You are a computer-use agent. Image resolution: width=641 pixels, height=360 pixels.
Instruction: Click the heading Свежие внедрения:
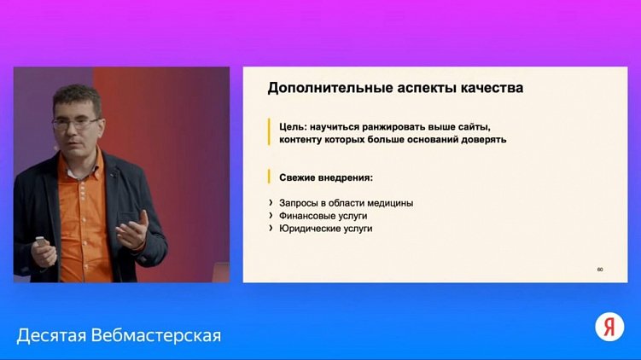(x=326, y=177)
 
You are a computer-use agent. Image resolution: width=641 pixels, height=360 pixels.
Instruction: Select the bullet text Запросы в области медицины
(x=347, y=203)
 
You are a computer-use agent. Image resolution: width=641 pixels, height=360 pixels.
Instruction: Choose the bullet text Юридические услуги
(x=326, y=229)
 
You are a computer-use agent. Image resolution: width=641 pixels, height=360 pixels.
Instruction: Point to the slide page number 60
(x=600, y=270)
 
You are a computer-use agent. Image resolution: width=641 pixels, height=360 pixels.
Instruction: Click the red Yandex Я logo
(x=609, y=326)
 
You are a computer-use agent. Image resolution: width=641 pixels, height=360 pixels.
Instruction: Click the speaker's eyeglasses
(x=75, y=123)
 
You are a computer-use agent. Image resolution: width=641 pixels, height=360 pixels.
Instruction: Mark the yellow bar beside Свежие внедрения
(x=269, y=177)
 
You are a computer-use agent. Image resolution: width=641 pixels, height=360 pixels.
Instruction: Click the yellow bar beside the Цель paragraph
(x=269, y=132)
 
